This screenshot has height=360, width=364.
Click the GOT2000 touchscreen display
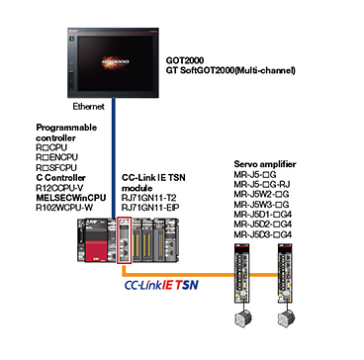[x=114, y=62]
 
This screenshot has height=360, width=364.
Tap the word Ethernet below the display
[x=88, y=107]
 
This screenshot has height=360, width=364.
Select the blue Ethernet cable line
[x=114, y=158]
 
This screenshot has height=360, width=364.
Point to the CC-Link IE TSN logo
[x=161, y=285]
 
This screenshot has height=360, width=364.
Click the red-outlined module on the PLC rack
[x=125, y=240]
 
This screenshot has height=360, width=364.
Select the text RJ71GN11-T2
[x=149, y=198]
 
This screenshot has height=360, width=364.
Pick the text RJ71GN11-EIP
[x=150, y=208]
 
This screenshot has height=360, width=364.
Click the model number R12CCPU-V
[x=60, y=188]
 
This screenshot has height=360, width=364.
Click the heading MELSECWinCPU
[x=71, y=198]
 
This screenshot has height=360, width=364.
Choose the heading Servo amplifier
[x=265, y=164]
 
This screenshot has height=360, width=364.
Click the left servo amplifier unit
[x=242, y=273]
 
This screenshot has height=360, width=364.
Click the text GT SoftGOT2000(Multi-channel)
[x=230, y=70]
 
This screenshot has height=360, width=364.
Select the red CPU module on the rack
[x=96, y=240]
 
